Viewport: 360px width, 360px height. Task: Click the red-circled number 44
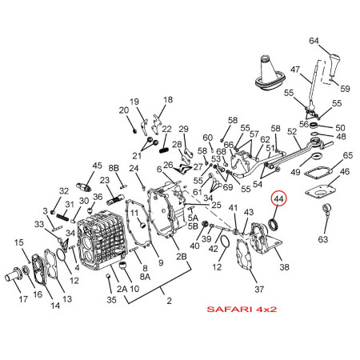click(278, 198)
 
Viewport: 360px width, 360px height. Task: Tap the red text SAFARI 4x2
click(242, 309)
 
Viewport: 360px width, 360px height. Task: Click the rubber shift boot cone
click(270, 73)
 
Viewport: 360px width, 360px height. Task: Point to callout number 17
click(23, 299)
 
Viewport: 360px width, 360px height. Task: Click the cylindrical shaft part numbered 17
click(14, 274)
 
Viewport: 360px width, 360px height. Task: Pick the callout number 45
click(97, 166)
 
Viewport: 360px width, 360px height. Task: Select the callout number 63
click(323, 239)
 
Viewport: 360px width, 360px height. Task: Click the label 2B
click(182, 256)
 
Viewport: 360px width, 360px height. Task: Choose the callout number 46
click(345, 171)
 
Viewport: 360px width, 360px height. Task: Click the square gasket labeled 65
click(318, 174)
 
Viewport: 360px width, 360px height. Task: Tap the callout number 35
click(111, 300)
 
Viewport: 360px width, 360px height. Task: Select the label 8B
click(114, 168)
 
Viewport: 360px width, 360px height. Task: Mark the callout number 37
click(259, 289)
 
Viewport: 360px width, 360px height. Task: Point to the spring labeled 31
click(64, 215)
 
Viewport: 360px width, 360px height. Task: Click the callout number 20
click(124, 110)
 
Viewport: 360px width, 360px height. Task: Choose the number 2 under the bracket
click(169, 301)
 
